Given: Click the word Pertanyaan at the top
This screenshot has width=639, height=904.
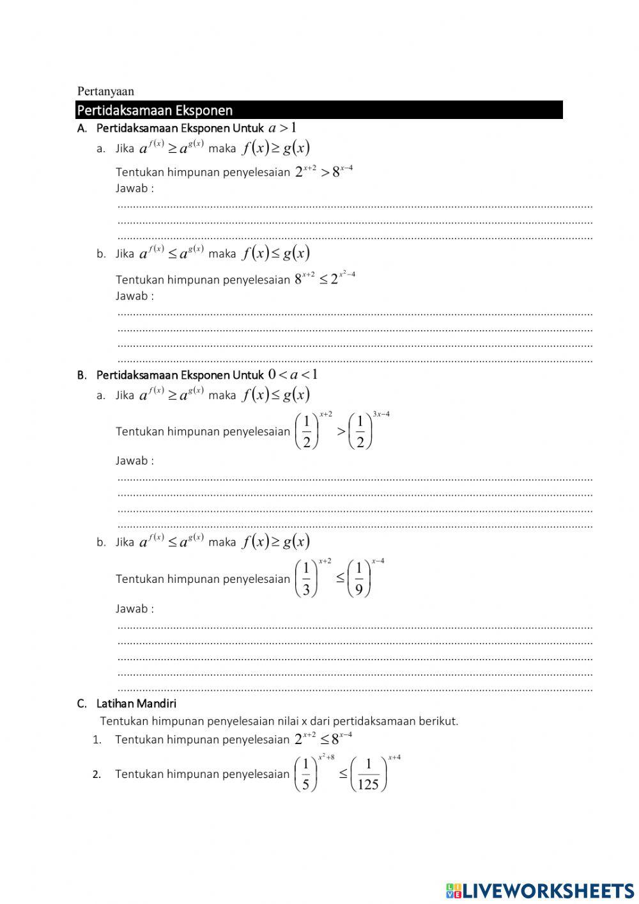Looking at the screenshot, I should click(105, 91).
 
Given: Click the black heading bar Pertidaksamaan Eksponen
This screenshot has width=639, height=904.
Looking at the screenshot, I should click(319, 110).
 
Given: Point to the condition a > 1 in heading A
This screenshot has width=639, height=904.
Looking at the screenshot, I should click(282, 127).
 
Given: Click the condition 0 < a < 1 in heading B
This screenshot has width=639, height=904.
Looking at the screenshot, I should click(293, 374).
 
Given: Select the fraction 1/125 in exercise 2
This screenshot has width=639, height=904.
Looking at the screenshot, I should click(368, 774).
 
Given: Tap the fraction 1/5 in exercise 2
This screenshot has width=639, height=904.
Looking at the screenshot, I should click(305, 774).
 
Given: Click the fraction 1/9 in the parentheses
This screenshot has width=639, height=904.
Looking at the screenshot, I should click(359, 579).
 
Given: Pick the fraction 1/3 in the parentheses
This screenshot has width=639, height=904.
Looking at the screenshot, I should click(306, 579).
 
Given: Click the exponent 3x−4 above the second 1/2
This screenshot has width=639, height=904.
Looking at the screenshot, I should click(381, 414).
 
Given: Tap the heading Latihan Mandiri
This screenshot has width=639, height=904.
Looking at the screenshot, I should click(136, 704).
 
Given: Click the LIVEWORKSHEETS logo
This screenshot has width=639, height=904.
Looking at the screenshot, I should click(540, 890).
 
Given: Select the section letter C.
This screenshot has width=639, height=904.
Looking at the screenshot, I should click(81, 704).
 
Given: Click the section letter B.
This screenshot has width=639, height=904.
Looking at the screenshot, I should click(81, 375).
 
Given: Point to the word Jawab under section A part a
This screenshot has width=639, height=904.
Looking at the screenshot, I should click(132, 188).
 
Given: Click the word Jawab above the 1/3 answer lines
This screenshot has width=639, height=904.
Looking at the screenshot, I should click(132, 608).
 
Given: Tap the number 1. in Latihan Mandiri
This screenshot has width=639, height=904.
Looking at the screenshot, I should click(97, 740).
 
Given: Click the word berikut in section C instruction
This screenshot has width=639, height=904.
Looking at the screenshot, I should click(438, 721).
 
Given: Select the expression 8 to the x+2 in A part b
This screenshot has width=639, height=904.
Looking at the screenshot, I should click(305, 278).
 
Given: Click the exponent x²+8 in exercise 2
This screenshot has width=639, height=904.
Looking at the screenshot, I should click(327, 757).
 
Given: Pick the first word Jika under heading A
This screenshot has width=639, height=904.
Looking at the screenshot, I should click(125, 148).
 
